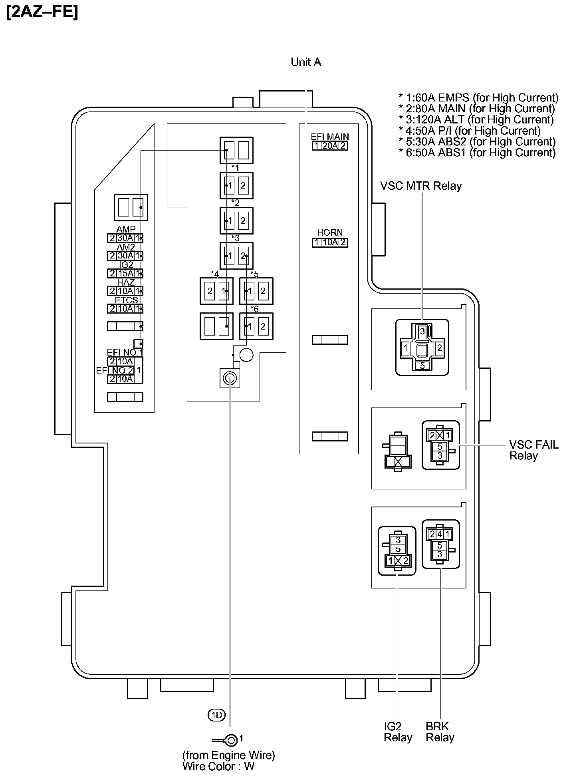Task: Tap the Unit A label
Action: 306,62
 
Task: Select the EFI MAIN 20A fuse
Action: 330,146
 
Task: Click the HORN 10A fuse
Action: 330,242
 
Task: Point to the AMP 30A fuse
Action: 125,238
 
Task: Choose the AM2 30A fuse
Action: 125,256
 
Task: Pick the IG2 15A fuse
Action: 125,274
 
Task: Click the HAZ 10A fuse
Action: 125,291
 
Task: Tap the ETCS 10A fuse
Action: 125,309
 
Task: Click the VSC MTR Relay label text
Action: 421,186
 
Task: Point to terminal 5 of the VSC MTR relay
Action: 422,366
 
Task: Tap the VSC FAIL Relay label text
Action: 533,450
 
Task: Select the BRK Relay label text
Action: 440,732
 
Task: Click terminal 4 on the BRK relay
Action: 440,534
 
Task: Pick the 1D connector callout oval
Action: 217,715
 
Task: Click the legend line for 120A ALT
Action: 477,119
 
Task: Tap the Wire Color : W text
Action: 218,766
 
